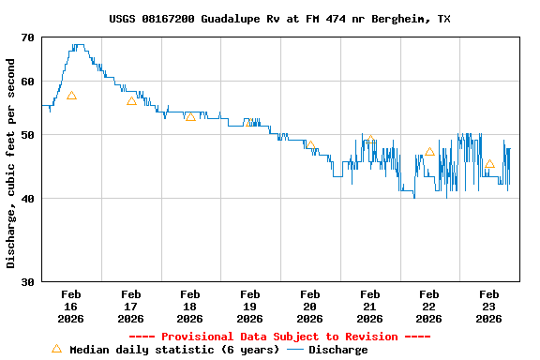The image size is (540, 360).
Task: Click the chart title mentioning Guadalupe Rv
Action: click(x=278, y=19)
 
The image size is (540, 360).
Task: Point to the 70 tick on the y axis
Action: click(x=25, y=38)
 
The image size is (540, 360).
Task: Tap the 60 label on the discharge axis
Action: click(x=25, y=82)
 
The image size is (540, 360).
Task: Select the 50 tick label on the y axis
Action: click(x=25, y=135)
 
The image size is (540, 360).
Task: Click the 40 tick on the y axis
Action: click(x=25, y=199)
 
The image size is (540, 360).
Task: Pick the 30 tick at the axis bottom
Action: click(x=25, y=281)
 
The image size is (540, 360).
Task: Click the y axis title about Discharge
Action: click(x=11, y=163)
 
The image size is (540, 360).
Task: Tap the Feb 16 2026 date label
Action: click(x=71, y=307)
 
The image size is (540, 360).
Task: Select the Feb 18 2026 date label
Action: click(x=190, y=307)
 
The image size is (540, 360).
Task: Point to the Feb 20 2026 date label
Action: click(x=309, y=307)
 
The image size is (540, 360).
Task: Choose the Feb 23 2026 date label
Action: click(x=488, y=307)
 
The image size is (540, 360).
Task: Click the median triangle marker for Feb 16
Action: click(x=71, y=96)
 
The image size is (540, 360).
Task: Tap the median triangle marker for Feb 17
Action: click(x=131, y=100)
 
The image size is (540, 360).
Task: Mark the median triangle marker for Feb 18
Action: click(x=190, y=116)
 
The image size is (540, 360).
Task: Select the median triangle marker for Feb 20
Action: click(x=310, y=145)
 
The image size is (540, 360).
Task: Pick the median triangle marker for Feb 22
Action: click(x=429, y=151)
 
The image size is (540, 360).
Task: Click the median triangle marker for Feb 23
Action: click(x=489, y=164)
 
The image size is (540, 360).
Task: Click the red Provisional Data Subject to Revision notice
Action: click(x=278, y=337)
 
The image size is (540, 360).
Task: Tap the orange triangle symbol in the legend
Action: click(x=56, y=349)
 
